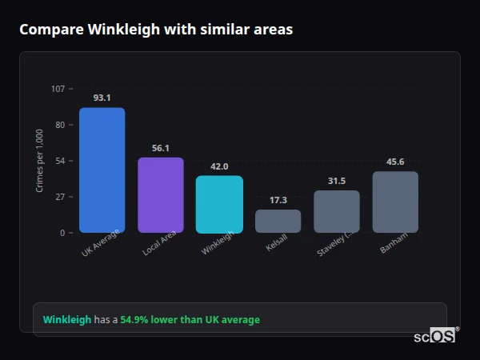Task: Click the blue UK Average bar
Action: click(102, 170)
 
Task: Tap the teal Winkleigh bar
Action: click(219, 204)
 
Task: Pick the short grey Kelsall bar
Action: click(278, 221)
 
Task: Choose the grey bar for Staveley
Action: click(337, 211)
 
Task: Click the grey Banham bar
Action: click(395, 202)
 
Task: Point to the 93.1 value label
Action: click(102, 98)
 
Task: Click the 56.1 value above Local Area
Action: click(161, 148)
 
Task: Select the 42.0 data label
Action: click(219, 166)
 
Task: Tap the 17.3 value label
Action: click(278, 200)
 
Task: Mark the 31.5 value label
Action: click(337, 181)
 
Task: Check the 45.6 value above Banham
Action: click(395, 162)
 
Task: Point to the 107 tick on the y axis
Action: click(58, 89)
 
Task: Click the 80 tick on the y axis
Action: click(60, 125)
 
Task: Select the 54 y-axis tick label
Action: click(60, 161)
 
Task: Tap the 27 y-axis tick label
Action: click(60, 197)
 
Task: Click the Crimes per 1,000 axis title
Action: click(40, 160)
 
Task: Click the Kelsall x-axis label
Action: click(276, 244)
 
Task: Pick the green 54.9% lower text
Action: click(190, 320)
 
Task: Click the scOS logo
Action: click(434, 337)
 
